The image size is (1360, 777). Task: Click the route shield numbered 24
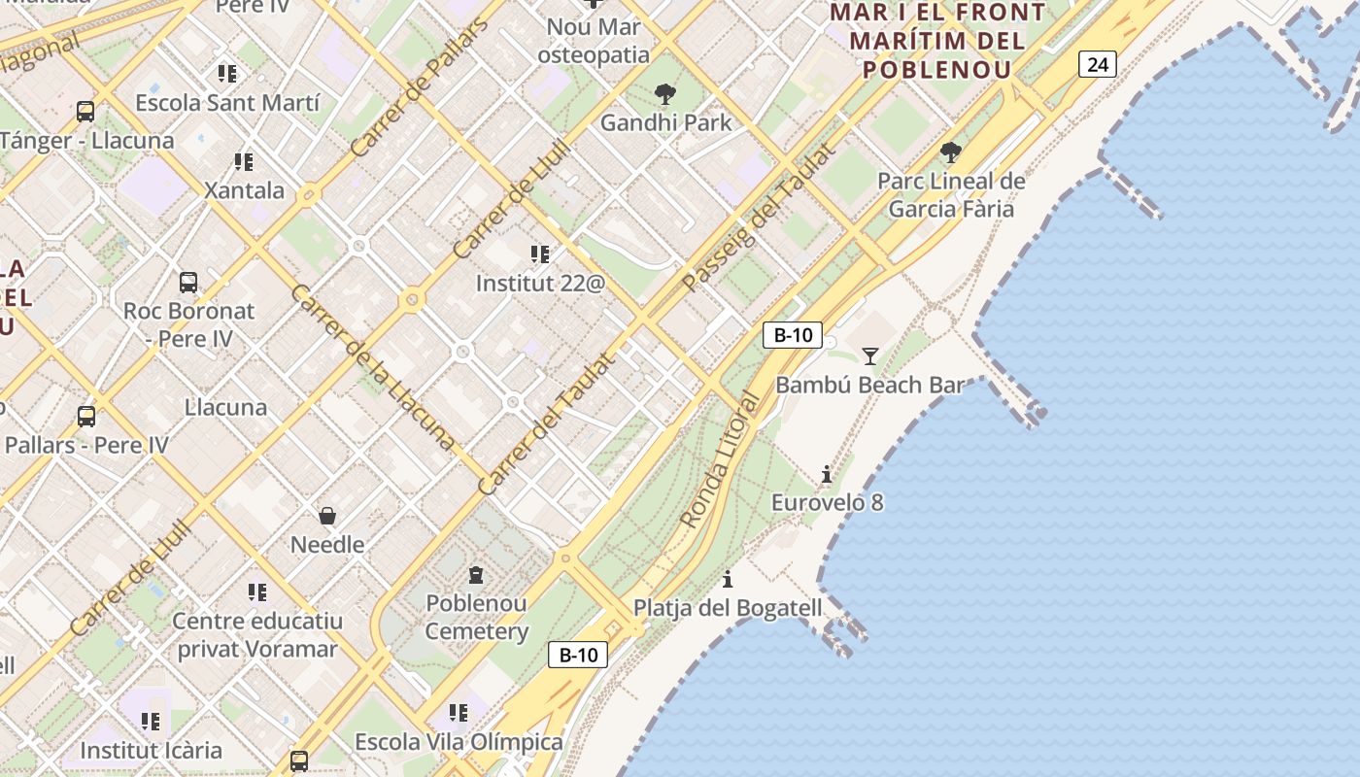point(1097,65)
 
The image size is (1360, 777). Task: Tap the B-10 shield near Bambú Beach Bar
point(793,336)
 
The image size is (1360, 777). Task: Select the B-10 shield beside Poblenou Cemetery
point(578,655)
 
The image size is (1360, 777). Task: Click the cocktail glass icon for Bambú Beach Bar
point(870,356)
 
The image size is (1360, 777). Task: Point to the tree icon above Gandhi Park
point(665,94)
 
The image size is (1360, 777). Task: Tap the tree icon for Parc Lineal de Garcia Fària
point(951,152)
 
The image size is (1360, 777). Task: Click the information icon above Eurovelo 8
point(827,474)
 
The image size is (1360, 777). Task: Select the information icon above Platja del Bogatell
point(728,580)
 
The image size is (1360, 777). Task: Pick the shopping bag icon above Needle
point(327,516)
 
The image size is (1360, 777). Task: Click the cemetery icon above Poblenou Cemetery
point(476,575)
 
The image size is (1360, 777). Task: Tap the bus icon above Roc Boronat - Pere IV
point(188,283)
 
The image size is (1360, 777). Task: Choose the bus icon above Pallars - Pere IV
point(86,417)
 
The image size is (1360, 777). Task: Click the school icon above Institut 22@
point(540,254)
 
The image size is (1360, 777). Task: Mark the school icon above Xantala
point(243,161)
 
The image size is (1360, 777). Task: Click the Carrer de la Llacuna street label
point(372,367)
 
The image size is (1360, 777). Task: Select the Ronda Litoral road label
point(719,460)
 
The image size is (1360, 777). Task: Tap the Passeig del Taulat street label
point(758,219)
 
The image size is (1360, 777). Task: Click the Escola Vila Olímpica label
point(459,742)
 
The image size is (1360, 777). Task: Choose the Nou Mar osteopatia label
point(594,41)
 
